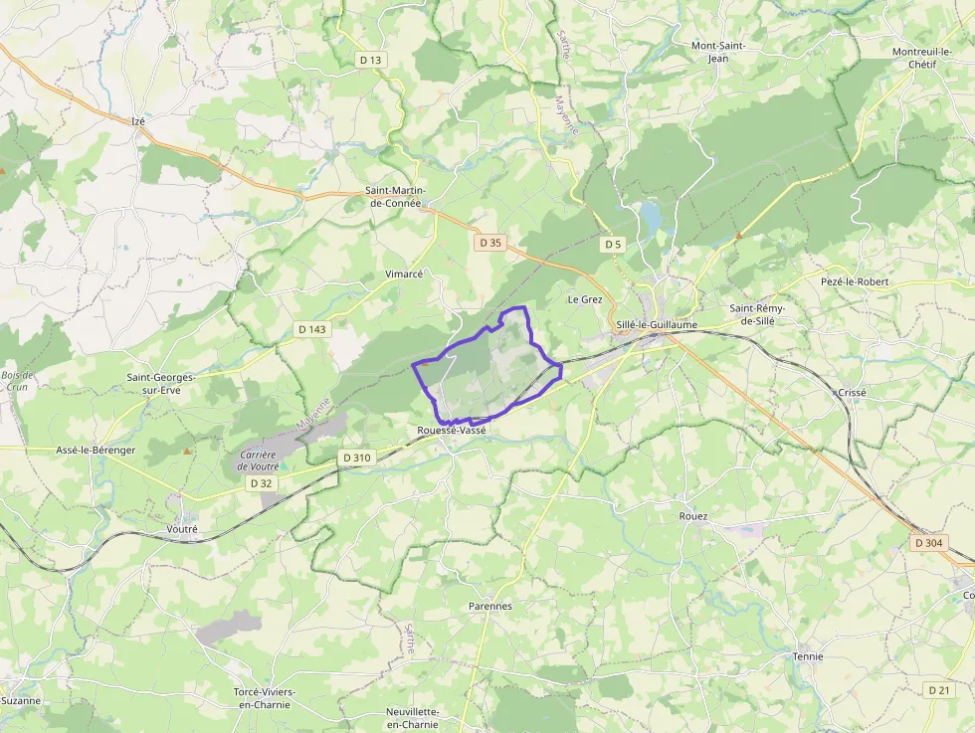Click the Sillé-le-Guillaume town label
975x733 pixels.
click(x=657, y=325)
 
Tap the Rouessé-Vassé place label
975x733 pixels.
click(x=452, y=431)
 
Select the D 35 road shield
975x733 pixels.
click(x=489, y=242)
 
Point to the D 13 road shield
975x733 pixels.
click(x=370, y=60)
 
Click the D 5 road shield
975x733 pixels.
click(x=612, y=244)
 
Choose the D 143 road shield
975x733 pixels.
click(x=311, y=329)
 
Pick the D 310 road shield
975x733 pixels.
click(x=355, y=458)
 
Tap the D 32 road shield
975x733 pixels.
click(x=262, y=482)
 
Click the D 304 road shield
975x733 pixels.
click(x=928, y=542)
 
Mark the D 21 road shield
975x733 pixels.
click(x=938, y=689)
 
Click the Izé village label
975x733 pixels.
click(x=138, y=121)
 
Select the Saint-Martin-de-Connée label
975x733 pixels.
click(x=397, y=197)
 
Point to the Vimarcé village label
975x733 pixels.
click(x=404, y=274)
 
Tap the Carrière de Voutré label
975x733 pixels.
click(x=257, y=460)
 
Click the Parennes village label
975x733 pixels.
click(x=489, y=606)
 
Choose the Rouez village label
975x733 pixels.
click(x=692, y=517)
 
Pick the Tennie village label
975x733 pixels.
click(x=808, y=656)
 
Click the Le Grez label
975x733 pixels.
click(x=585, y=299)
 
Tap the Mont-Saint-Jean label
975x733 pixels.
click(x=718, y=52)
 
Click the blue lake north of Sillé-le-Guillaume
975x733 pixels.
click(x=650, y=215)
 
